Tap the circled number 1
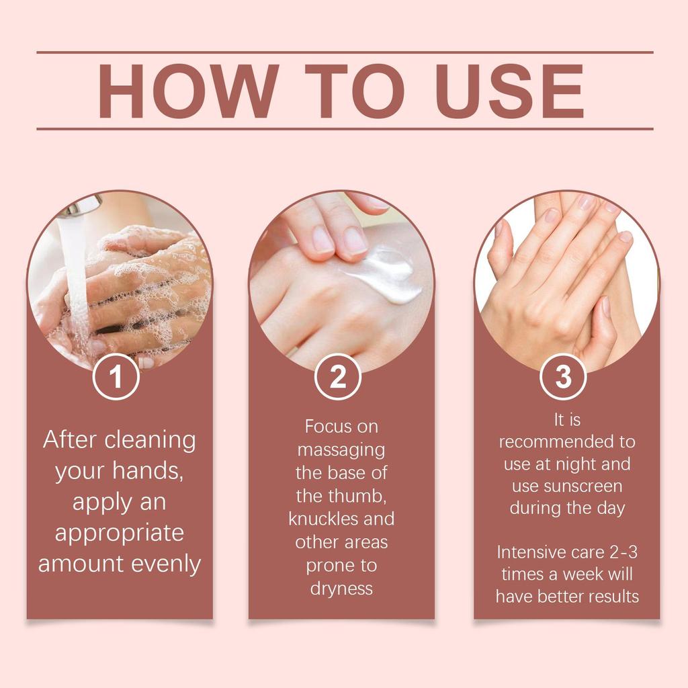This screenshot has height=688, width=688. click(x=116, y=377)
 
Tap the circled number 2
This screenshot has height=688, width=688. click(x=339, y=377)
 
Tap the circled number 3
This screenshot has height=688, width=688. click(x=563, y=377)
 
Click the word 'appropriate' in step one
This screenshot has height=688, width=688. click(x=119, y=533)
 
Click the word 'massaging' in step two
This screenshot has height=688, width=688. click(x=341, y=449)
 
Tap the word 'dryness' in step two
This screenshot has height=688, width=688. click(x=341, y=589)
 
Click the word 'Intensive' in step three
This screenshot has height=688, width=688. click(x=525, y=552)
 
